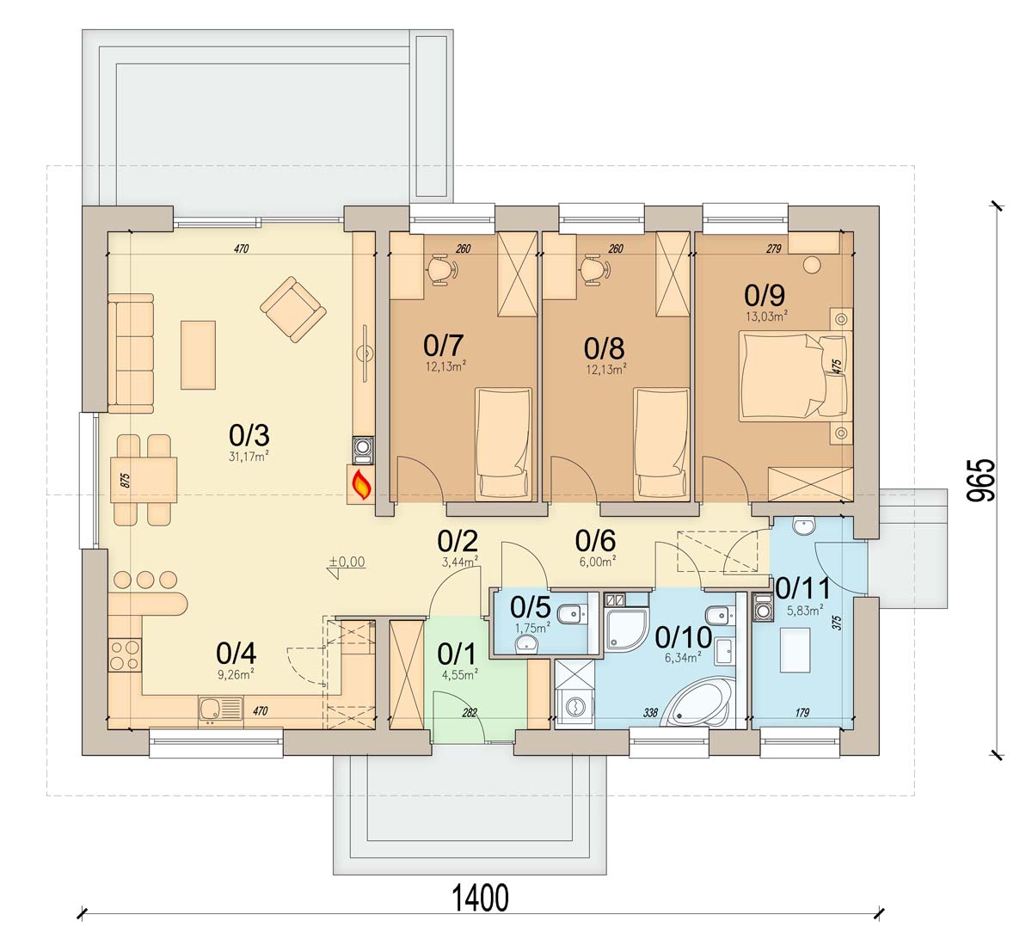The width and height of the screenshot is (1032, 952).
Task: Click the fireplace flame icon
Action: tap(361, 485)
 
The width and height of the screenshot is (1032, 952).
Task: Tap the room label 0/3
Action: tap(249, 435)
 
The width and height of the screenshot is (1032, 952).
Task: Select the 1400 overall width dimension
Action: tap(481, 898)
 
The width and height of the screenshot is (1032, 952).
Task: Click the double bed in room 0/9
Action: tap(794, 375)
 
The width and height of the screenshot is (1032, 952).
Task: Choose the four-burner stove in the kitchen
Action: tap(125, 655)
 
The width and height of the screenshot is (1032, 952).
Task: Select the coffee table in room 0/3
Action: tap(198, 355)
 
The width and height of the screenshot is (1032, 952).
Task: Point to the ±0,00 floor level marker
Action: tap(347, 563)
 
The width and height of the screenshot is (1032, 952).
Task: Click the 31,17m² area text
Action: tap(249, 457)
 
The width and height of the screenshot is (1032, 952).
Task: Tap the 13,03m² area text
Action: tap(766, 316)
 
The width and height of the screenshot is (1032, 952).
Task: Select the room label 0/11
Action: tap(803, 589)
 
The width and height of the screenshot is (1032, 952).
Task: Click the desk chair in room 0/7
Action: tap(442, 269)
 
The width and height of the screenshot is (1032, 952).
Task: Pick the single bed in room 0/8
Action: tap(661, 443)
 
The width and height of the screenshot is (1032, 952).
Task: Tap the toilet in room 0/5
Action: tap(572, 617)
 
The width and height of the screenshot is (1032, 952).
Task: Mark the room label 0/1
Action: tap(457, 654)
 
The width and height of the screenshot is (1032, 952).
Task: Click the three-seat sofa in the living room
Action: tap(131, 353)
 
